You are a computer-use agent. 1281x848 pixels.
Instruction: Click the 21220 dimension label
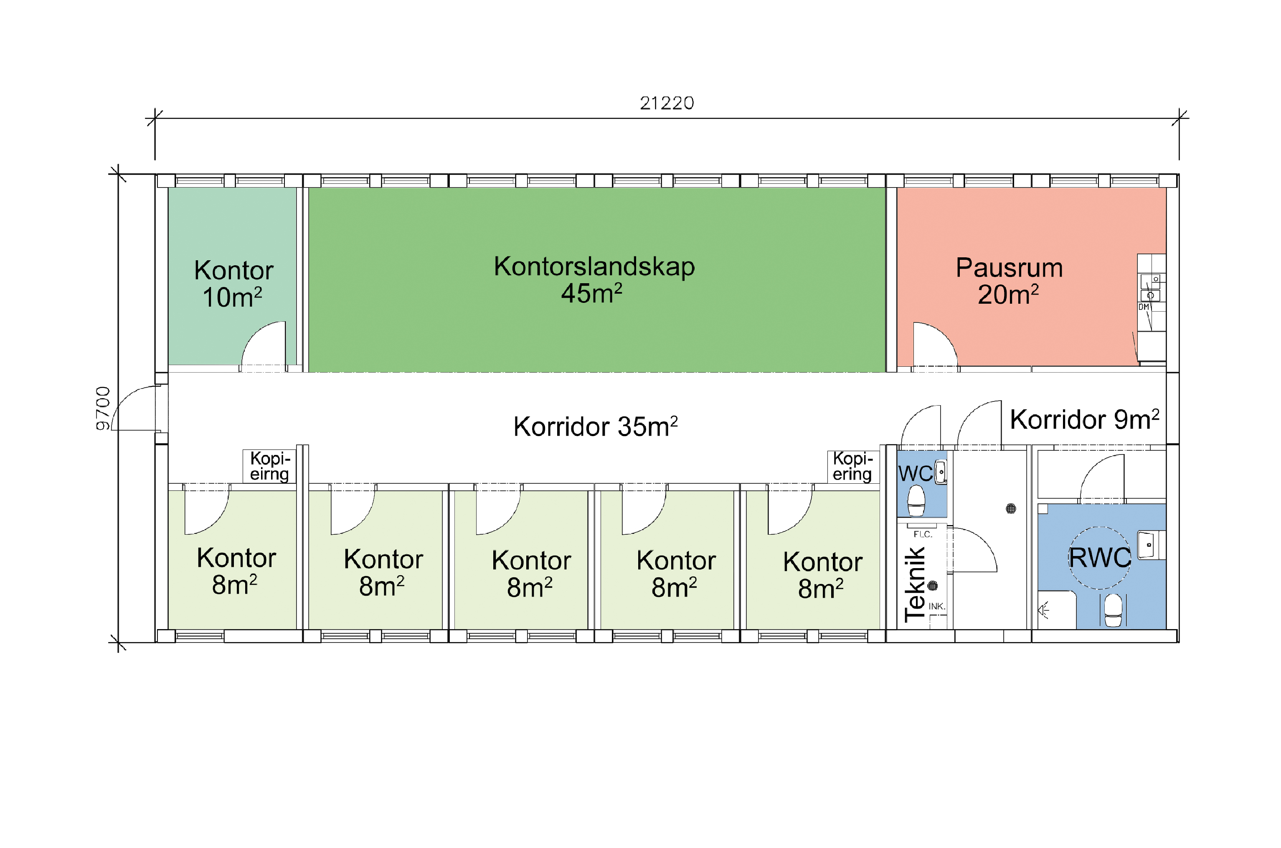[x=667, y=103]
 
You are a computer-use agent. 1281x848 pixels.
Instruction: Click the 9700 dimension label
[x=103, y=408]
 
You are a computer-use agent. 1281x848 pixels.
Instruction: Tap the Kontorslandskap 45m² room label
[x=594, y=279]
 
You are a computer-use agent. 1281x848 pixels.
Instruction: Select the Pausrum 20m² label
[x=1009, y=281]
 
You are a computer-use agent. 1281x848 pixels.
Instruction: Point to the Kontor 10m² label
[x=233, y=283]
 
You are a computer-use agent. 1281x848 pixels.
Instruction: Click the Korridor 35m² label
[x=595, y=426]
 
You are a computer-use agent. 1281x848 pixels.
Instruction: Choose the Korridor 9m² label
[x=1085, y=419]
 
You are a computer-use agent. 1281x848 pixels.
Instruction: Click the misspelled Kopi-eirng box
[x=269, y=466]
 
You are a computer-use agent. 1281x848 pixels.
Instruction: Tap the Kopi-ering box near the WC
[x=853, y=466]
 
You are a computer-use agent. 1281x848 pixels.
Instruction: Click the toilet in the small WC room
[x=916, y=501]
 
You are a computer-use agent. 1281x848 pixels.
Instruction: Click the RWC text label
[x=1099, y=558]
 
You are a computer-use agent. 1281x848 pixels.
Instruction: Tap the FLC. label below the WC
[x=923, y=534]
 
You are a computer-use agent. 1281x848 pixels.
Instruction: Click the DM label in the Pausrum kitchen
[x=1144, y=307]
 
